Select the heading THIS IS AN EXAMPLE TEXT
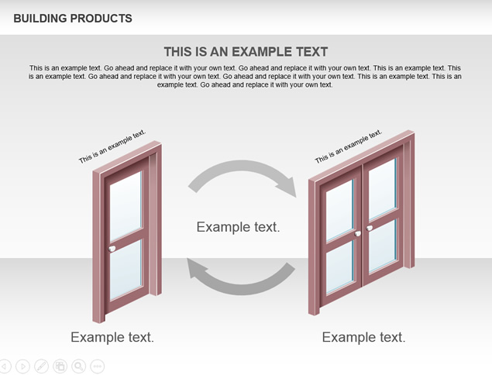point(246,52)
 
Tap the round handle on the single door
point(112,249)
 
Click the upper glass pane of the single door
point(126,206)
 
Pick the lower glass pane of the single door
point(126,270)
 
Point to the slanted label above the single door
point(112,146)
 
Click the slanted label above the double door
point(349,146)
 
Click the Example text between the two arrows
point(238,227)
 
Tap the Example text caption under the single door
point(112,337)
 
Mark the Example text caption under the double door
point(363,337)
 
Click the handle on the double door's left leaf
point(358,234)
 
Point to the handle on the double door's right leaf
point(370,228)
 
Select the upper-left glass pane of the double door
point(340,210)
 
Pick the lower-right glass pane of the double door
point(383,246)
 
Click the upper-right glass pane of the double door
point(383,189)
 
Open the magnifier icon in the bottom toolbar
point(79,366)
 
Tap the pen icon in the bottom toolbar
point(41,366)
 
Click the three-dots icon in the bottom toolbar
point(98,366)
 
